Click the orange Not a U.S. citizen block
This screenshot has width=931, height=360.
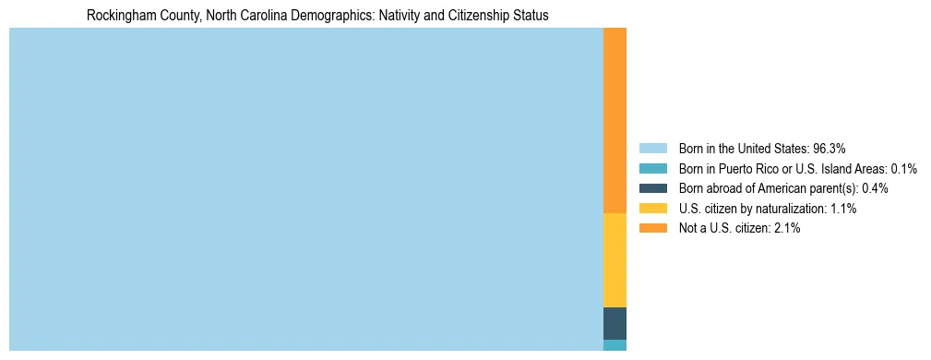click(x=615, y=120)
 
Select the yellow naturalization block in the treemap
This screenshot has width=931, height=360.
click(x=615, y=259)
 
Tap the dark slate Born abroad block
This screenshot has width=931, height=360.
click(x=615, y=323)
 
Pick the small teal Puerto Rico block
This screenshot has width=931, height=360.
click(x=615, y=345)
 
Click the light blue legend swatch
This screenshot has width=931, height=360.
click(x=652, y=148)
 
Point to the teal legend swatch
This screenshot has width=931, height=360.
click(x=652, y=168)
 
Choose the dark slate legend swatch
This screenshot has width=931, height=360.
click(x=652, y=188)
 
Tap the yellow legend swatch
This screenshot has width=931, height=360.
click(x=652, y=209)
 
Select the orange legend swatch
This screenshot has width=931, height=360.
click(x=652, y=229)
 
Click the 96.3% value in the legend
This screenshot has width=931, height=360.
click(x=830, y=148)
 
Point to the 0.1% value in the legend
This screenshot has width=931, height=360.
click(x=903, y=168)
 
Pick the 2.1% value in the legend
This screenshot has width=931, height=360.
click(x=787, y=229)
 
